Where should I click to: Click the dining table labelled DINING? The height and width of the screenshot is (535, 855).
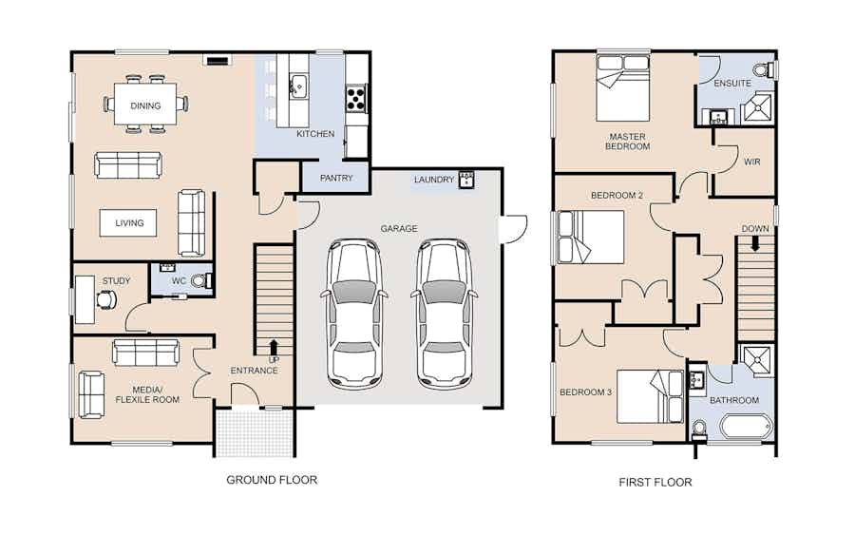145,104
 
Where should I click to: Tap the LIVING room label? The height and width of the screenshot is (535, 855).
129,223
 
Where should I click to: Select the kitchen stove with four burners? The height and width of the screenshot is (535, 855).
355,98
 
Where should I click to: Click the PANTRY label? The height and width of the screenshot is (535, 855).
336,178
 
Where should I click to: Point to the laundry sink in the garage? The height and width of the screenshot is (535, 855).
466,180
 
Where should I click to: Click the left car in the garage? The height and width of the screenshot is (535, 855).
355,314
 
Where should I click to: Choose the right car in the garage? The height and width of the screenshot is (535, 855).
445,314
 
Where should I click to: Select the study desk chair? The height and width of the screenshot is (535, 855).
105,299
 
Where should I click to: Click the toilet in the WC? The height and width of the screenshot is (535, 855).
200,281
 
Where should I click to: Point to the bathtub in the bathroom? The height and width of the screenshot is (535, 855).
746,426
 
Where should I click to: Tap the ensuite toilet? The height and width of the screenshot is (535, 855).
764,69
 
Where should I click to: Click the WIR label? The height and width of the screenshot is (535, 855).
752,162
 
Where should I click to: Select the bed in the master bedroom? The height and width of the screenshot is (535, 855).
622,87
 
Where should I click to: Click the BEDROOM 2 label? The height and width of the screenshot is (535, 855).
617,195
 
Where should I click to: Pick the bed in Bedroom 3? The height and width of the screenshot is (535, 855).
650,396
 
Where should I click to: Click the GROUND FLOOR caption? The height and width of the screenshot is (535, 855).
272,480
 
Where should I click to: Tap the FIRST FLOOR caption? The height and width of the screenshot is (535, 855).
655,482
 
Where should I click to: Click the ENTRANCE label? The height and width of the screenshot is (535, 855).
254,371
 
